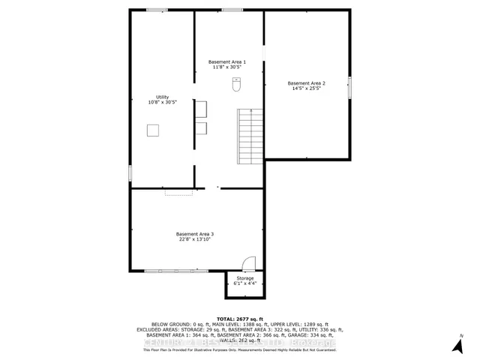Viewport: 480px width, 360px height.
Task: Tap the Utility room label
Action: tap(162, 97)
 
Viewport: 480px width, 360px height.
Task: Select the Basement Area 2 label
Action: tap(306, 82)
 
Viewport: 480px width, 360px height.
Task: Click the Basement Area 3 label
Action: tap(195, 234)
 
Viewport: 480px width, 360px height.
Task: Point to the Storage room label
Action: tap(245, 278)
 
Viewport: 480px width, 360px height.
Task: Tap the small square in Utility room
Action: tap(152, 130)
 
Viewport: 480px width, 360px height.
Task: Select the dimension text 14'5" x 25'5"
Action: tap(306, 88)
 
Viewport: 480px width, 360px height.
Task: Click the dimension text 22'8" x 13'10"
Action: tap(195, 240)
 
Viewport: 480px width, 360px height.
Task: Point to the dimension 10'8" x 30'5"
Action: tap(162, 103)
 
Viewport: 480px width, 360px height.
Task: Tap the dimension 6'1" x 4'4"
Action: tap(245, 284)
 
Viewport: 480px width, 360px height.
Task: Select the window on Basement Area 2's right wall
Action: tap(349, 88)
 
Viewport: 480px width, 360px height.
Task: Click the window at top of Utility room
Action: tap(157, 10)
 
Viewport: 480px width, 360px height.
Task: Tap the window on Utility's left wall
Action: tap(130, 172)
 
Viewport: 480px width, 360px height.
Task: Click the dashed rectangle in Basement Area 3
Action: tap(179, 193)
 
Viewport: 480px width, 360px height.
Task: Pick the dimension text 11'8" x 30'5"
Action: tap(227, 67)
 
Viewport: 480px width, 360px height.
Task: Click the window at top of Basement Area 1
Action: tap(232, 10)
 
